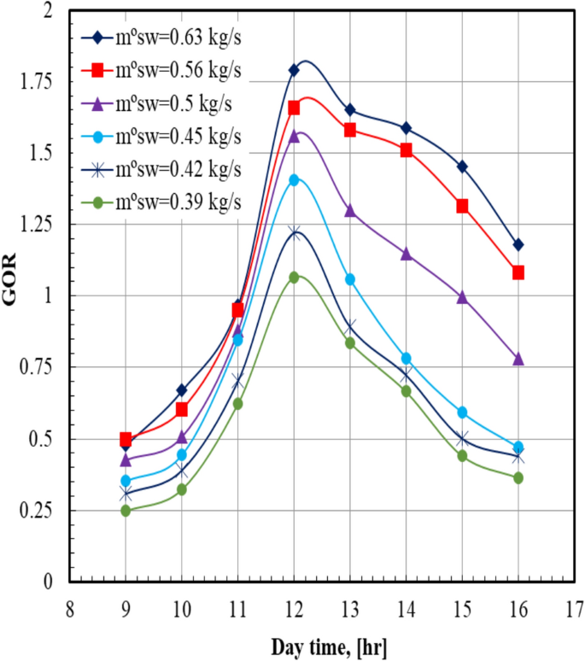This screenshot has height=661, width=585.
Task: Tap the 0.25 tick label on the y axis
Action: pyautogui.click(x=34, y=511)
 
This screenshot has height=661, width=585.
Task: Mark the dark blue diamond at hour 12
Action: pyautogui.click(x=294, y=70)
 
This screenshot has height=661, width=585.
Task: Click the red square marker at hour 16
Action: pyautogui.click(x=518, y=272)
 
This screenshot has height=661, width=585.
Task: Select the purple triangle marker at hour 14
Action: pyautogui.click(x=406, y=254)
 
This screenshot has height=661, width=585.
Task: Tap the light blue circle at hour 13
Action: pyautogui.click(x=350, y=279)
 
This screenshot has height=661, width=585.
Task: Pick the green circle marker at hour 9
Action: pyautogui.click(x=126, y=511)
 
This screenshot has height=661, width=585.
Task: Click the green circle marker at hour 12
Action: pyautogui.click(x=294, y=278)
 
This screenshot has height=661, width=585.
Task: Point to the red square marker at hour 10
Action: pyautogui.click(x=182, y=409)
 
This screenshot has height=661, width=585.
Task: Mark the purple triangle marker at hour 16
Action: pyautogui.click(x=518, y=359)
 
